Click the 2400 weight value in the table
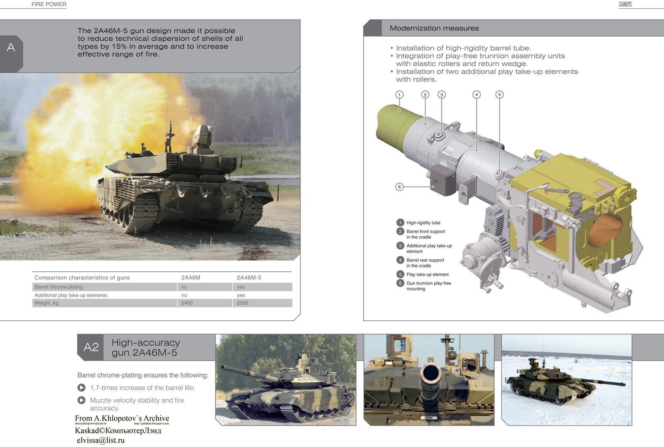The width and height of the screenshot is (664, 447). (187, 303)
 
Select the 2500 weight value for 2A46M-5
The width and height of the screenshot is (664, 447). (243, 303)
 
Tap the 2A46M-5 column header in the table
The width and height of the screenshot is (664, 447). (249, 278)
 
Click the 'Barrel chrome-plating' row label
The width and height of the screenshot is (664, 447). (59, 287)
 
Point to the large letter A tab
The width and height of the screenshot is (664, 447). (11, 48)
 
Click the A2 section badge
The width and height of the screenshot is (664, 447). (91, 347)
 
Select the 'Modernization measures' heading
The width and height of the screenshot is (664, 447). (434, 28)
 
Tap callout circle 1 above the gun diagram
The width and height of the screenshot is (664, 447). (399, 95)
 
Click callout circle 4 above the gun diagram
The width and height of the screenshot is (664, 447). (476, 95)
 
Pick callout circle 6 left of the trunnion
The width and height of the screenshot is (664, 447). (399, 187)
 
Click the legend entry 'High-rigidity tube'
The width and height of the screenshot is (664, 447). (423, 223)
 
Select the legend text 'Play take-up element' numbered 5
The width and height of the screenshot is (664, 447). (427, 275)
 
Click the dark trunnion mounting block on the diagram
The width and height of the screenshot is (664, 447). (442, 180)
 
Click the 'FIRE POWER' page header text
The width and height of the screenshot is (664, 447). (49, 4)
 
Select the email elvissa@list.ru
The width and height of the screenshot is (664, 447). (100, 440)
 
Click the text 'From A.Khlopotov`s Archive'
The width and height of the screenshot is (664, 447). (122, 418)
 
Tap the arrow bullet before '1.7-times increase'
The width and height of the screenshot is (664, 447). (81, 388)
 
